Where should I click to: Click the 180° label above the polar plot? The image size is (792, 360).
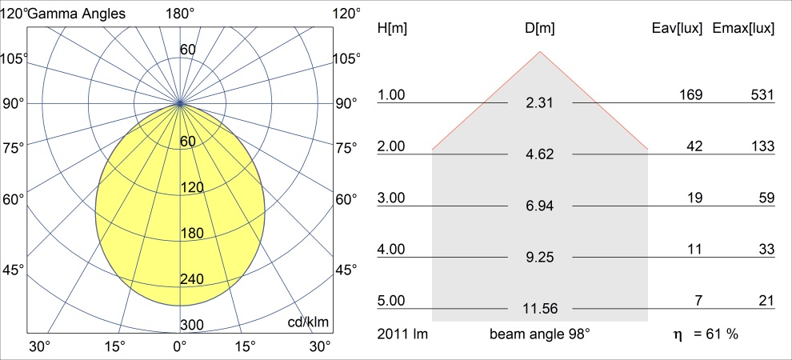180,13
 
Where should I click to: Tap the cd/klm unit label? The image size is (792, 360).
310,322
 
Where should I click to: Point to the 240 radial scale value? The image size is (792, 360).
192,279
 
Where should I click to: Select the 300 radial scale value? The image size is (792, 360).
192,325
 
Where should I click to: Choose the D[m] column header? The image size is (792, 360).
540,29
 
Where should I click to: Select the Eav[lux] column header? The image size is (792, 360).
678,29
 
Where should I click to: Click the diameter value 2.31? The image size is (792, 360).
540,103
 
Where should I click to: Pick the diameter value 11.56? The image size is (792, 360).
540,308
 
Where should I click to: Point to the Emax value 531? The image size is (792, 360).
762,95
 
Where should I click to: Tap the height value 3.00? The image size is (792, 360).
392,198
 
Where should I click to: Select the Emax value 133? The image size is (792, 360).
762,146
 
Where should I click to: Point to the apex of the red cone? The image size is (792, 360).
540,52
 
